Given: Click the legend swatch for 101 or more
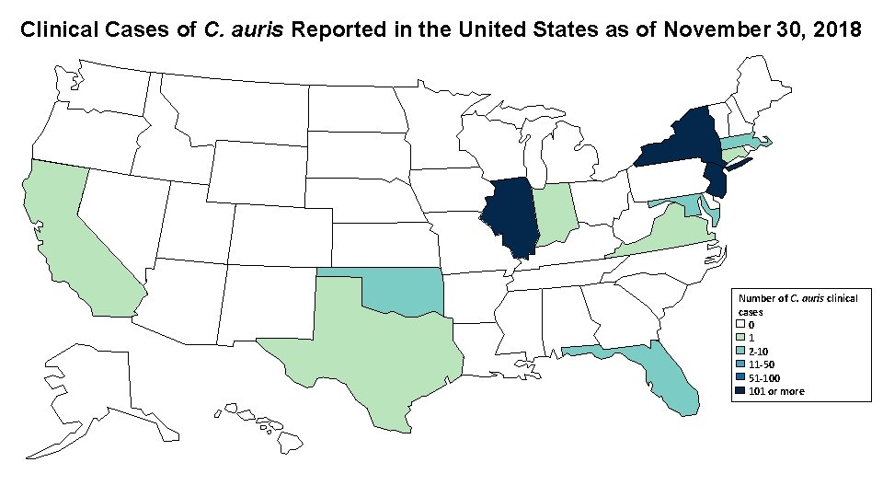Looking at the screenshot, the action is point(740,391).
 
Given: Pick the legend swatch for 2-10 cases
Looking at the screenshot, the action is point(740,352).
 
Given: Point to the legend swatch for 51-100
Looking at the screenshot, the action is point(740,378).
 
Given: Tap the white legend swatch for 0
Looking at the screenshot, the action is point(740,325).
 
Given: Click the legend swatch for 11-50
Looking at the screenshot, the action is point(740,364).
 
